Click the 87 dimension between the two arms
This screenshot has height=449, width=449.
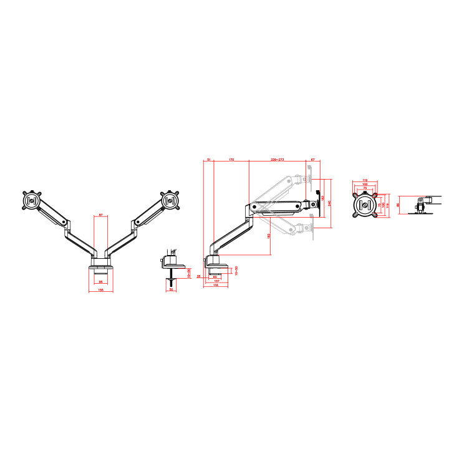101,215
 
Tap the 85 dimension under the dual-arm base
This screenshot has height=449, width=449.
101,282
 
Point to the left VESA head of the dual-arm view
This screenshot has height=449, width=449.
31,201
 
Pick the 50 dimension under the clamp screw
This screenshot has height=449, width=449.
171,289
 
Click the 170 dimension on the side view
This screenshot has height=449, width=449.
231,160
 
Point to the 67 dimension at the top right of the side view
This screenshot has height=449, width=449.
313,160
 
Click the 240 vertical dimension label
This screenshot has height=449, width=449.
330,203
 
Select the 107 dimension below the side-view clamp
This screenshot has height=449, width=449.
216,281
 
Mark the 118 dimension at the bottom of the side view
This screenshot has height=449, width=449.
215,286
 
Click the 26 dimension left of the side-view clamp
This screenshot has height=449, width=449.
199,275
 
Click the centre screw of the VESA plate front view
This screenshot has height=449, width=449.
365,206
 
